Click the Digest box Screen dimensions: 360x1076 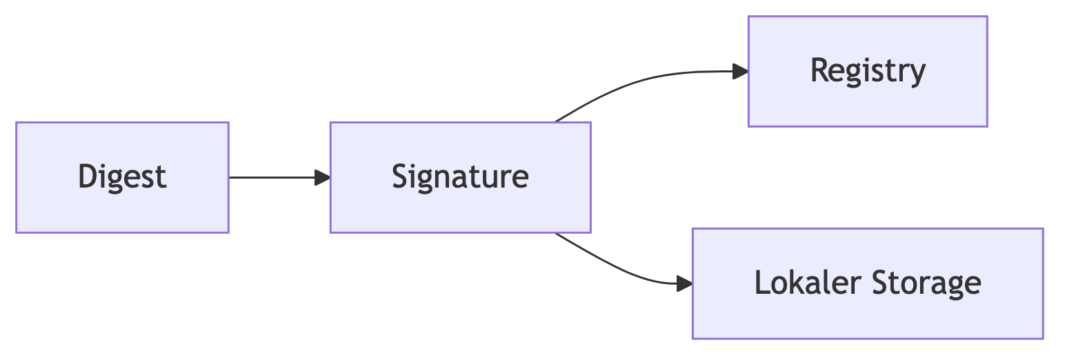coord(122,177)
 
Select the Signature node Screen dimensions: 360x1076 coord(460,177)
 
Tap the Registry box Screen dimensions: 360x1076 coord(868,72)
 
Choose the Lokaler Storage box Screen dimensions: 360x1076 coord(867,283)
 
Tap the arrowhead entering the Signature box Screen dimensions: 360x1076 coord(322,177)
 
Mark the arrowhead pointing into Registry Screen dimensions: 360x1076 coord(740,71)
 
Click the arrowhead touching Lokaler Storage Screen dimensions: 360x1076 coord(684,283)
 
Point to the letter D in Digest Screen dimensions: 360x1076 coord(86,176)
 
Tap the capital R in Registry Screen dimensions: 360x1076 coord(819,70)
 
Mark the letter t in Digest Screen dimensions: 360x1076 coord(161,177)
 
